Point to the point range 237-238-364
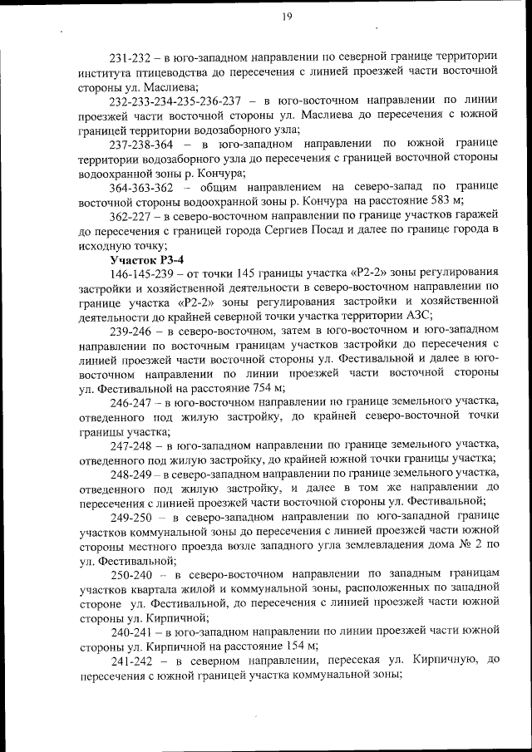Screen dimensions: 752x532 tap(140, 144)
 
